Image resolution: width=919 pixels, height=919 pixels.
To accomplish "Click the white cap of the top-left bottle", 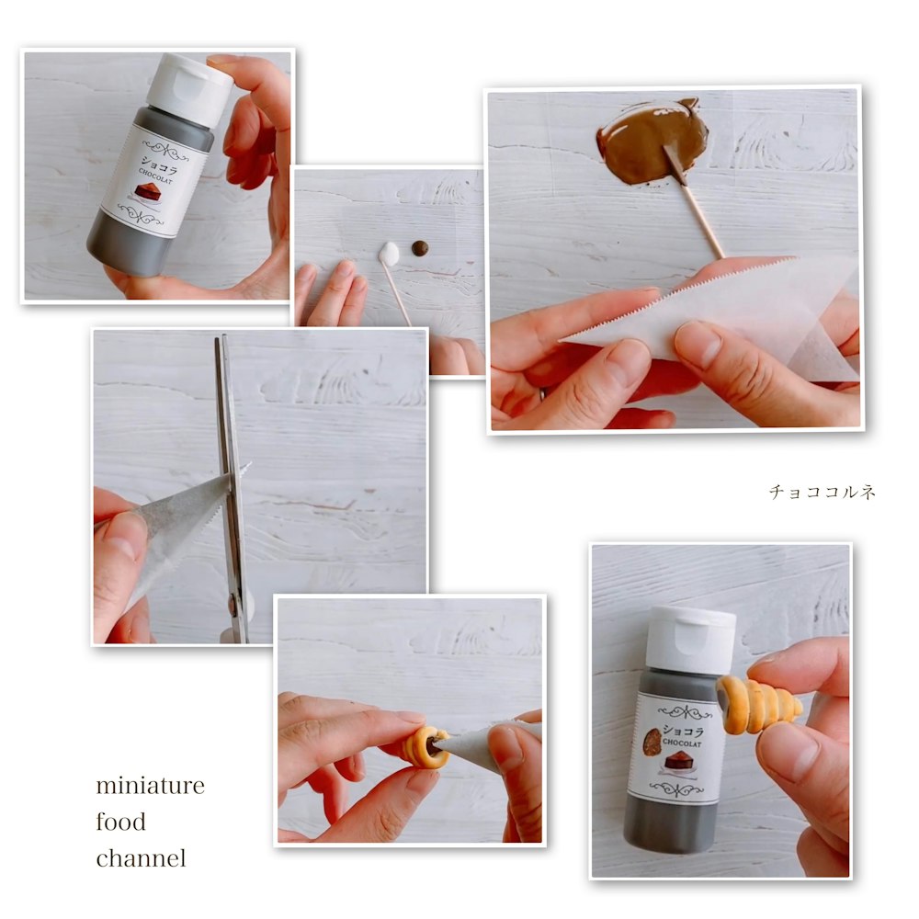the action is [188, 89].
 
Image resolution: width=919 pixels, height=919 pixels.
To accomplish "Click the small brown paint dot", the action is [420, 248].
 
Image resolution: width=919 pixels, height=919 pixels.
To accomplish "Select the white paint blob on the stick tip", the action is [389, 255].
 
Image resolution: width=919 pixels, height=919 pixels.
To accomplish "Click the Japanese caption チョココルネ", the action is [822, 491].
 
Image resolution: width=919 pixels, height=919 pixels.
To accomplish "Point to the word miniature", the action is [150, 786].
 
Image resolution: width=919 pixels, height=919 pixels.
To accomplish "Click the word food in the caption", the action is [120, 822].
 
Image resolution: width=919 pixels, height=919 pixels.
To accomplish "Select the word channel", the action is [141, 858].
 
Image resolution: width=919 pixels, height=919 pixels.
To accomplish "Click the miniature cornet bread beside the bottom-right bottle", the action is [758, 705].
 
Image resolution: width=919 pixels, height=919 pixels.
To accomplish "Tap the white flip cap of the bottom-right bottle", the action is [690, 640].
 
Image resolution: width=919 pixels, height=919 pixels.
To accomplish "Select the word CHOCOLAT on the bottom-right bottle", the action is [682, 743].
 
